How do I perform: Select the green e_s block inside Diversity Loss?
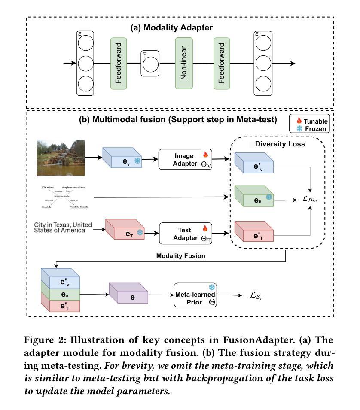[254, 199]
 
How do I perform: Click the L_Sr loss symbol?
[256, 295]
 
